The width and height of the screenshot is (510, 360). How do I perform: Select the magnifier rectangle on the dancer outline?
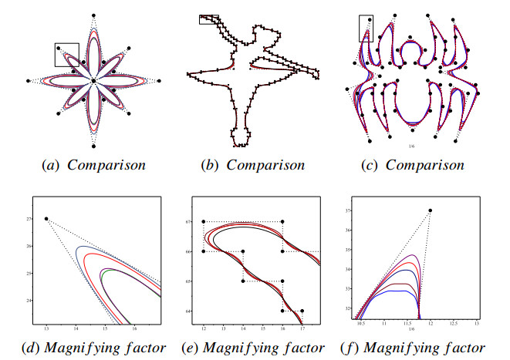[208, 19]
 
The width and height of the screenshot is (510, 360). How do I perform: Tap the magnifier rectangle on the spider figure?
[366, 29]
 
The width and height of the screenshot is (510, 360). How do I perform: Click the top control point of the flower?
[93, 15]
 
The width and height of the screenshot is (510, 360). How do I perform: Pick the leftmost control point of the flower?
[28, 80]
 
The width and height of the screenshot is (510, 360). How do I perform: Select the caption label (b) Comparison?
[255, 165]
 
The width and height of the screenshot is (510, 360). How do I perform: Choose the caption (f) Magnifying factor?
[417, 346]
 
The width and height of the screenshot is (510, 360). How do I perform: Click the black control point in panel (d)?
[46, 219]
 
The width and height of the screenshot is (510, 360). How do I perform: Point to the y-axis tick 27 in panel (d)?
[30, 220]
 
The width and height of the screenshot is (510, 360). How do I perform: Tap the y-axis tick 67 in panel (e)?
[187, 222]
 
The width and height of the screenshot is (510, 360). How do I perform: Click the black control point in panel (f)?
[430, 210]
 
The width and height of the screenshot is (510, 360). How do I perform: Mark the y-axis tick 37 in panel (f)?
[347, 210]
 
